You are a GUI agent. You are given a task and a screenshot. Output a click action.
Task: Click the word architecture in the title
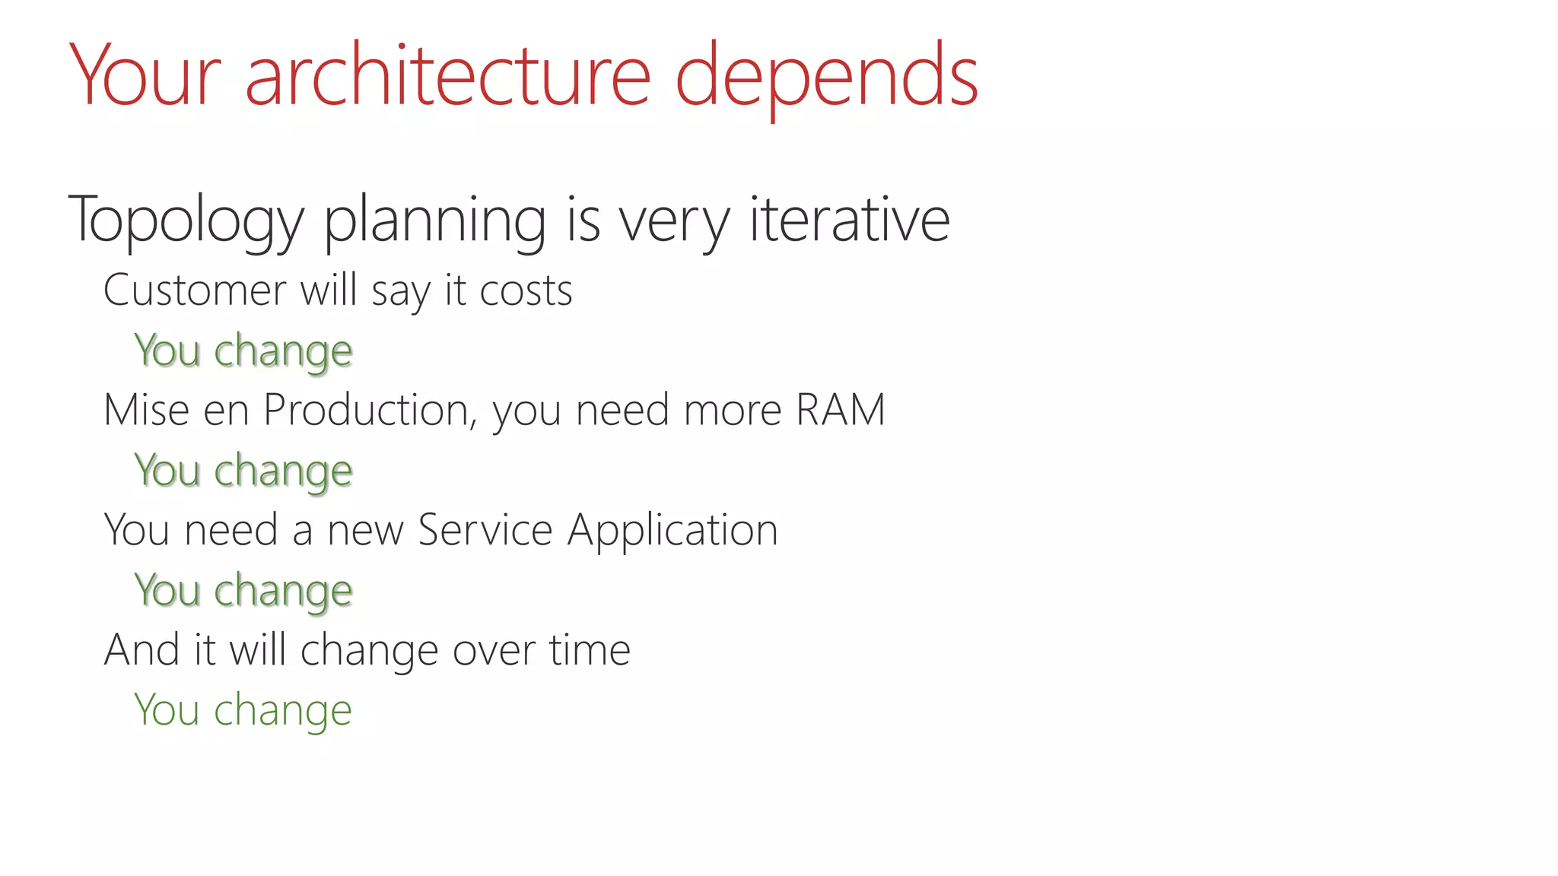pos(447,76)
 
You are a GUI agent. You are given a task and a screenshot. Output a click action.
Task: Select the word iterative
pos(849,219)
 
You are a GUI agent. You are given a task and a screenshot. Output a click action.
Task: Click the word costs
pos(526,291)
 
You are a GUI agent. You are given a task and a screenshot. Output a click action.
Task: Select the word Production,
pos(370,411)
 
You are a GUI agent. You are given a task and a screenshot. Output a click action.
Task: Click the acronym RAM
pos(841,410)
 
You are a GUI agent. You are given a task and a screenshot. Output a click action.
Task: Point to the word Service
pos(485,530)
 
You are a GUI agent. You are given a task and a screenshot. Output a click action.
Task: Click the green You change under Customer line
pos(243,351)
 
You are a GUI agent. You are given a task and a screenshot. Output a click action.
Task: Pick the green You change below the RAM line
pos(243,471)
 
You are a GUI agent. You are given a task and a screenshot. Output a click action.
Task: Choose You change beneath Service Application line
pos(243,591)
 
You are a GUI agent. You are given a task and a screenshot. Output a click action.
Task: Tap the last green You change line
pos(243,711)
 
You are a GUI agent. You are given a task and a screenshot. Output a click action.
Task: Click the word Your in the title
pos(145,76)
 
